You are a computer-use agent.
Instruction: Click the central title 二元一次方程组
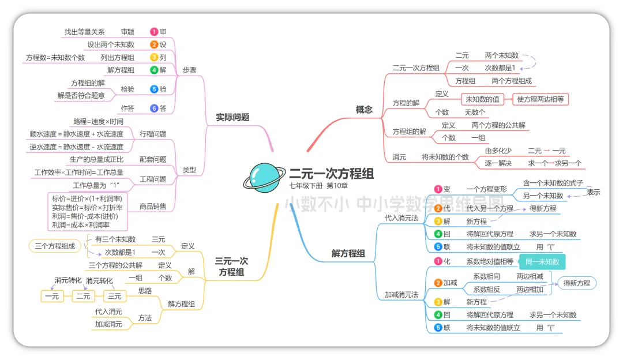point(331,174)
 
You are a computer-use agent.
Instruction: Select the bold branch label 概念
point(364,109)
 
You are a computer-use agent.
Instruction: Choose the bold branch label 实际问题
point(232,117)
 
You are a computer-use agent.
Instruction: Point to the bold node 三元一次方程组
point(231,267)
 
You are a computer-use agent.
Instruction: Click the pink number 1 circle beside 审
point(154,32)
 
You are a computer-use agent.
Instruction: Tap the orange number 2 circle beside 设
point(154,44)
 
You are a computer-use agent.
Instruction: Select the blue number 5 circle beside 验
point(154,89)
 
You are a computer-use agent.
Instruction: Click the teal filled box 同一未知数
point(542,262)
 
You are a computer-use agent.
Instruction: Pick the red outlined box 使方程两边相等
point(541,99)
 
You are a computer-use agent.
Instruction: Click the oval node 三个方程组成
point(55,246)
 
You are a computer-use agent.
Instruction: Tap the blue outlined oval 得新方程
point(576,283)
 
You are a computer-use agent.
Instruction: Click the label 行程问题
point(153,134)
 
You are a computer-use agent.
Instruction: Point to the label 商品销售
point(153,206)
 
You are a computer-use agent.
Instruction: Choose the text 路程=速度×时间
point(98,122)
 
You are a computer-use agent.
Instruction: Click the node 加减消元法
point(401,295)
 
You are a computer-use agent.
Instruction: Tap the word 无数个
point(475,112)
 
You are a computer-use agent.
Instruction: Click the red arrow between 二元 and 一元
point(546,151)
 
